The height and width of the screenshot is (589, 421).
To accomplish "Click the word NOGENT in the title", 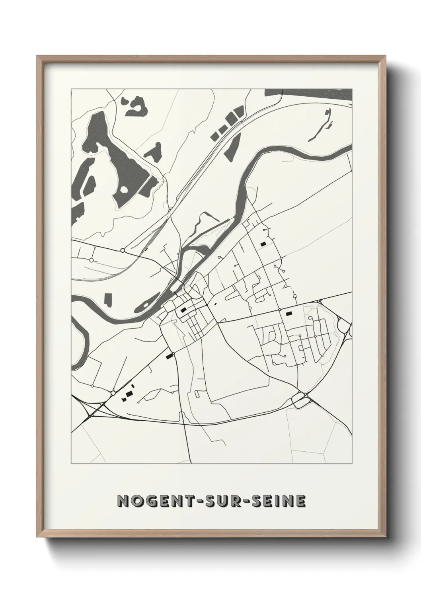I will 148,501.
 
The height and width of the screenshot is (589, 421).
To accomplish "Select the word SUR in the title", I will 215,501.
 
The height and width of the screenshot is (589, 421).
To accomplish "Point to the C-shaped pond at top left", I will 135,105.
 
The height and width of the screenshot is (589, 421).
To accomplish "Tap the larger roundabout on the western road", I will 123,250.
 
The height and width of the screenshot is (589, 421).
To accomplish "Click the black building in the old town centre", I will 183,310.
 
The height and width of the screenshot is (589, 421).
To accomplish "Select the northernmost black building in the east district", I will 263,244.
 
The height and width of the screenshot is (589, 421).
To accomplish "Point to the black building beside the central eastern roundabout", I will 288,314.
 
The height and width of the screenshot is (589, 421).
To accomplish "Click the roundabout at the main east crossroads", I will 280,310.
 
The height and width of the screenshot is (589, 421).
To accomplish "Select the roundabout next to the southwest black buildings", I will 113,393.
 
